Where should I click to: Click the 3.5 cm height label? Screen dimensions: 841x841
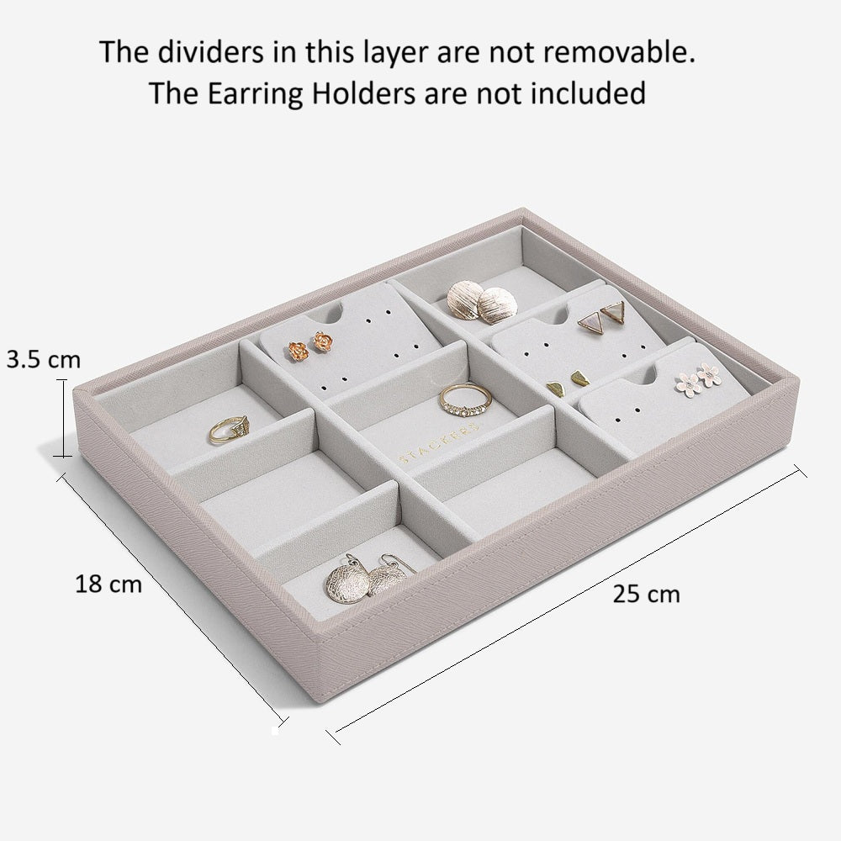click(44, 359)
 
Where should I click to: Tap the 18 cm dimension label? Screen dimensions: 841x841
click(108, 584)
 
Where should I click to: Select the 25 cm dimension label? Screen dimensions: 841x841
click(646, 594)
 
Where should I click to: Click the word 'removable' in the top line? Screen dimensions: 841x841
click(619, 52)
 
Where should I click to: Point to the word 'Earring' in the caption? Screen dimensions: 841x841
click(256, 94)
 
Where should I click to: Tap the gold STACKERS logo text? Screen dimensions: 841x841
click(438, 443)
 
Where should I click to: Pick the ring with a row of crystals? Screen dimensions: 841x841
click(465, 400)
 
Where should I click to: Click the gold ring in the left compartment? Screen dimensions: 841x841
click(229, 429)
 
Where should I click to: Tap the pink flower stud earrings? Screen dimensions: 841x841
click(700, 378)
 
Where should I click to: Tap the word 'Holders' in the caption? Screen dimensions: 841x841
click(364, 94)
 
